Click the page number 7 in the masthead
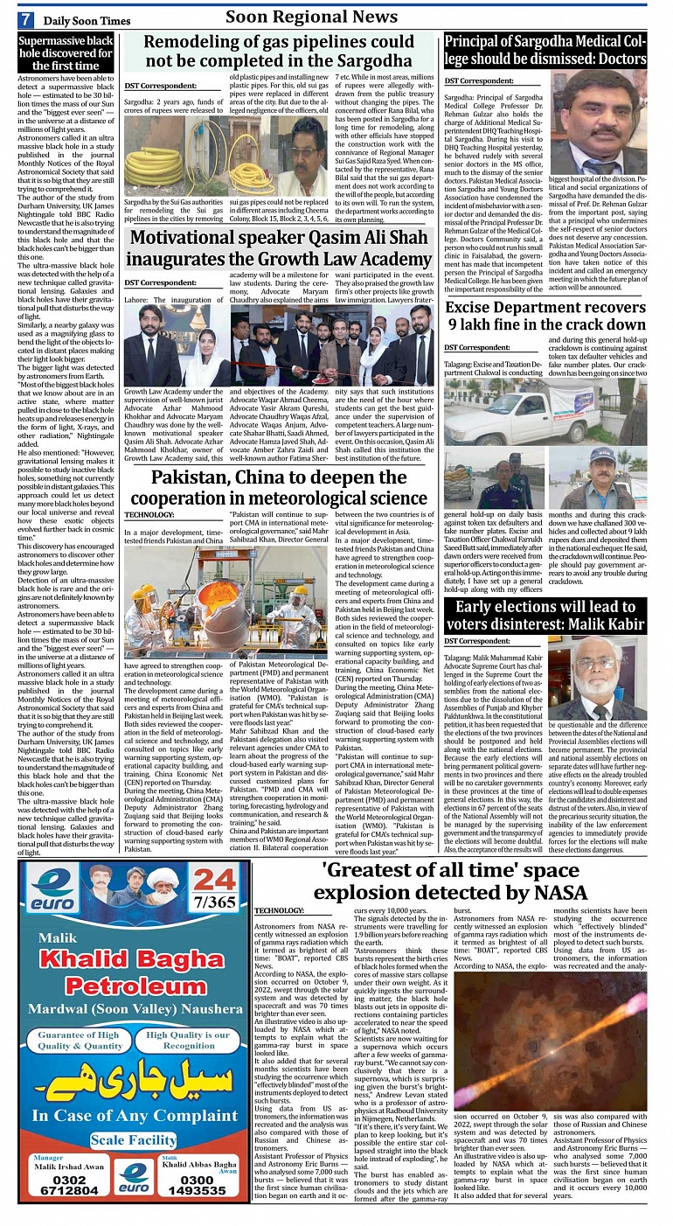(x=27, y=19)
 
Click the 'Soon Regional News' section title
(x=311, y=17)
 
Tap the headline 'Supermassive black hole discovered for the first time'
(x=66, y=53)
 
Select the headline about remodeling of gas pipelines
(x=279, y=52)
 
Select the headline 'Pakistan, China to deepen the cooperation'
(x=279, y=488)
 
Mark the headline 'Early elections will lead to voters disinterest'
(x=545, y=615)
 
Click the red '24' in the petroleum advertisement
(x=214, y=883)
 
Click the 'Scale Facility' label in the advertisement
(x=133, y=1140)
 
